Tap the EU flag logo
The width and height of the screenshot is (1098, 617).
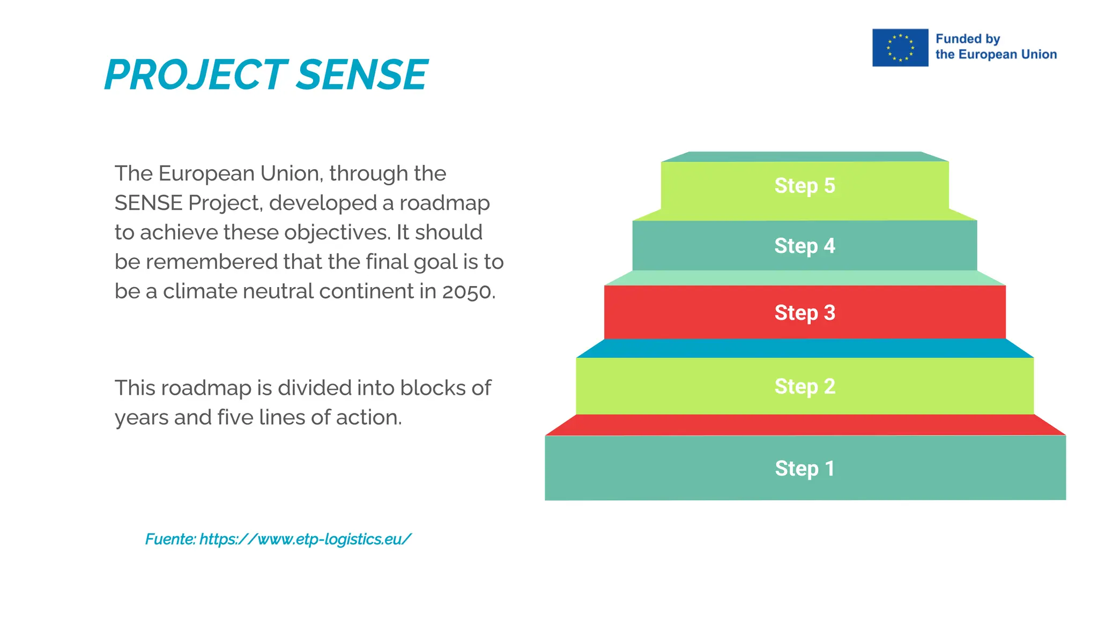coord(900,48)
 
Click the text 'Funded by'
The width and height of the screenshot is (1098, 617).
coord(968,39)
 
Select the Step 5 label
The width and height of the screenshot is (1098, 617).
coord(804,186)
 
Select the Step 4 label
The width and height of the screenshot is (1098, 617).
coord(804,246)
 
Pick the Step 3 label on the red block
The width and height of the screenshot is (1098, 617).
coord(804,313)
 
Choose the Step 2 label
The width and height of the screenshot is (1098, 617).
coord(804,387)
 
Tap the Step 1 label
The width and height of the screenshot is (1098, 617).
coord(804,469)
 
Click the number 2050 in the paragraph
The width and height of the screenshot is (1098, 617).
coord(466,292)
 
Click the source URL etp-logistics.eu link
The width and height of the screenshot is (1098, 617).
coord(305,539)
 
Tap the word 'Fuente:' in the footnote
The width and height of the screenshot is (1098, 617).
coord(170,539)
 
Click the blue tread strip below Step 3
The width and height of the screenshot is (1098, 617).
coord(804,349)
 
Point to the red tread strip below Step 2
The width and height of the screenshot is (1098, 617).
coord(804,425)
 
